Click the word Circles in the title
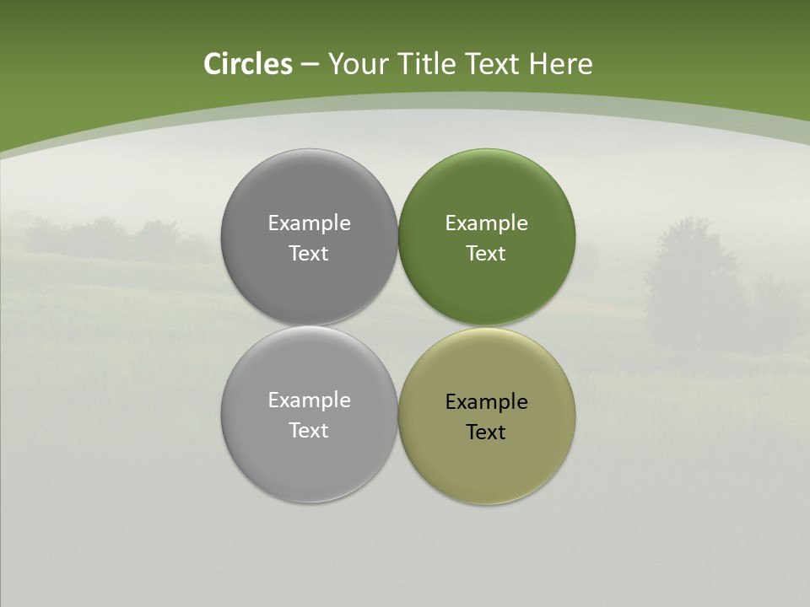[x=247, y=64]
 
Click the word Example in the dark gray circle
[x=309, y=223]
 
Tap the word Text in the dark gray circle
[x=309, y=254]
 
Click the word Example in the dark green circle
[x=486, y=223]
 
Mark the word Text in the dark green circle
[x=486, y=254]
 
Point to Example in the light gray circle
[x=309, y=400]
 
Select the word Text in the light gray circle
[x=309, y=431]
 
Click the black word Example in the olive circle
[x=486, y=402]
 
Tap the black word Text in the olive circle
[x=486, y=432]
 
